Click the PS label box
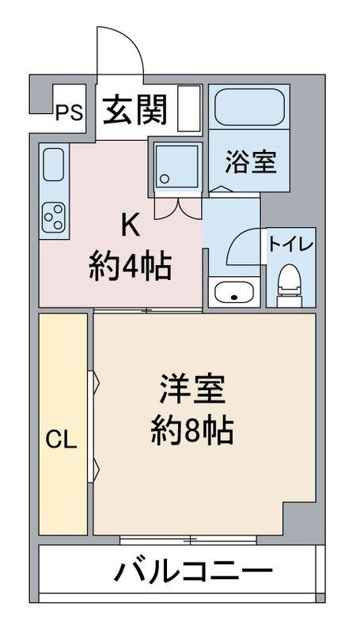(69, 113)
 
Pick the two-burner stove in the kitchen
(54, 215)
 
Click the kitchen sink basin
(53, 165)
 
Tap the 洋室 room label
(192, 389)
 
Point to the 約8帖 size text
(192, 430)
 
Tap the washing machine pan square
(179, 167)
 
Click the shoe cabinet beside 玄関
(189, 108)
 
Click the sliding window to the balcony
(189, 540)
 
